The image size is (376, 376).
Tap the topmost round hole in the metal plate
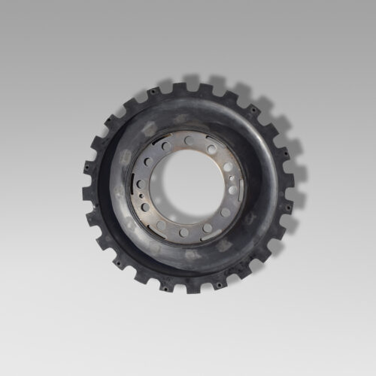[188, 141]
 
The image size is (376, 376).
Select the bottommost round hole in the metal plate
[183, 232]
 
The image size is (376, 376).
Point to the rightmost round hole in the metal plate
[232, 190]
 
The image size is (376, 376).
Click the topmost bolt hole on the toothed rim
[186, 88]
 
